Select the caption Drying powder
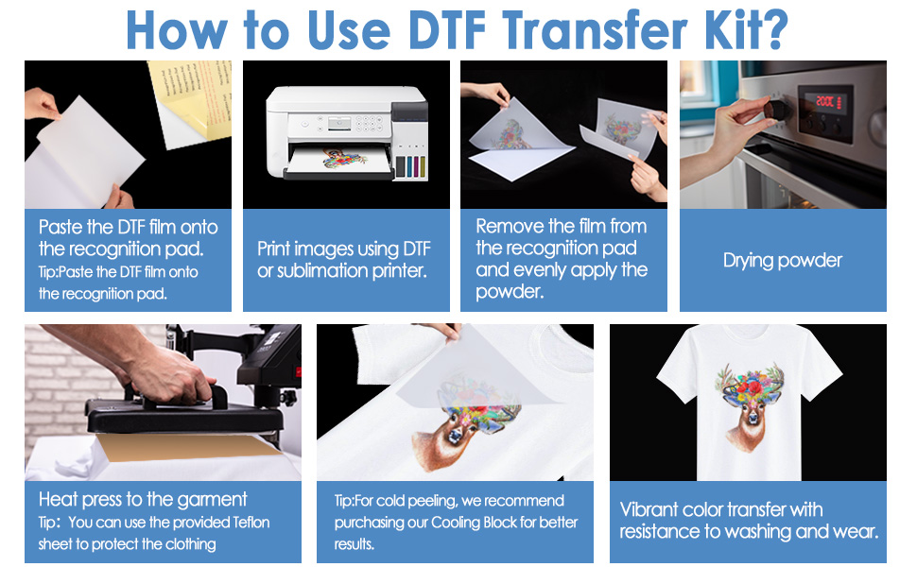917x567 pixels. pos(782,261)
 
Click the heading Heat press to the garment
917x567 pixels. pos(143,499)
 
